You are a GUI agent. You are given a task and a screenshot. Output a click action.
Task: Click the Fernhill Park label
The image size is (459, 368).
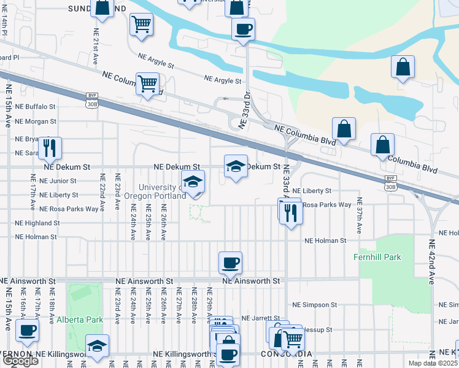(377, 257)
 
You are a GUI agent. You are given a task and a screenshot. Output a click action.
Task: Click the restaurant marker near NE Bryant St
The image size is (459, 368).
(50, 147)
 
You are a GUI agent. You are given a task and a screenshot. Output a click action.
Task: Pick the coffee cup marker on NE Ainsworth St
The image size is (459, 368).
(230, 263)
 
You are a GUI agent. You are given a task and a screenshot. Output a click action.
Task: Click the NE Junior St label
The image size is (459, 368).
(58, 181)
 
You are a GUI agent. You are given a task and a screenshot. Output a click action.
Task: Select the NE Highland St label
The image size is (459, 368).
(37, 223)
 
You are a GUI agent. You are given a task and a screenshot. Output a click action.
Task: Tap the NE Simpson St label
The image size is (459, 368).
(314, 305)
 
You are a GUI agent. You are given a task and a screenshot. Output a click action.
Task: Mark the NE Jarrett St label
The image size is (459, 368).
(260, 318)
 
